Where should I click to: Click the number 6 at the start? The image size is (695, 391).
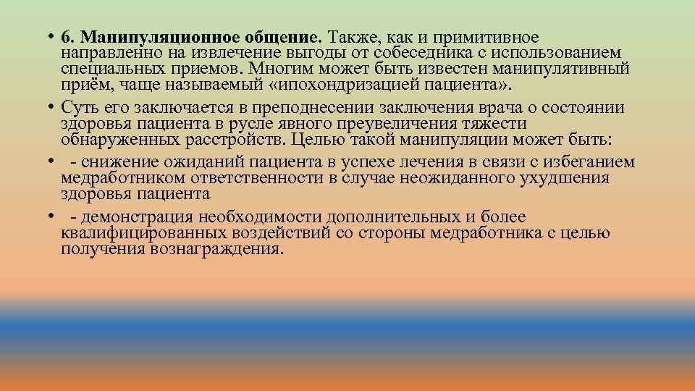pos(66,37)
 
